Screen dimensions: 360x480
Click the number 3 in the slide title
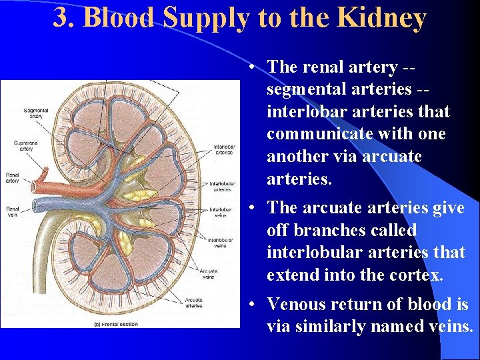click(x=61, y=18)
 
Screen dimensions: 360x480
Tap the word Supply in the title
click(x=201, y=19)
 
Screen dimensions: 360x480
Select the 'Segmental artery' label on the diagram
click(x=35, y=113)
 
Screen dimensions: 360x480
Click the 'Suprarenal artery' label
click(x=27, y=146)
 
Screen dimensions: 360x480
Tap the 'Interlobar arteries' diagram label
click(x=223, y=149)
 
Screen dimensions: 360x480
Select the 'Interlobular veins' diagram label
click(x=221, y=242)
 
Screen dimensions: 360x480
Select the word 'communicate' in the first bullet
click(x=308, y=134)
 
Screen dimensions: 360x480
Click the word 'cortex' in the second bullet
click(x=415, y=275)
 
